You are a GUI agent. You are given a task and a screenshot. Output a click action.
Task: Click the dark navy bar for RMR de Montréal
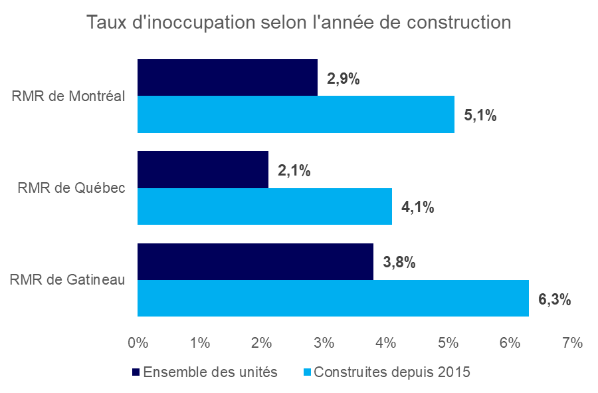pos(227,77)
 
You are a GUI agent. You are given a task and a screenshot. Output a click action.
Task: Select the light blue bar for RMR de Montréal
pos(296,114)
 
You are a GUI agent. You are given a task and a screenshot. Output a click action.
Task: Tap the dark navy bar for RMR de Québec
pos(203,169)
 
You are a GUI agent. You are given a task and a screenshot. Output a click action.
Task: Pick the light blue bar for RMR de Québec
pos(264,206)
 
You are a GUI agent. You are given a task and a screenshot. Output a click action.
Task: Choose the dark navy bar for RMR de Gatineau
pos(255,261)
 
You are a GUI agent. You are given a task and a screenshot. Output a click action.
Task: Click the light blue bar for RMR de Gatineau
pos(333,298)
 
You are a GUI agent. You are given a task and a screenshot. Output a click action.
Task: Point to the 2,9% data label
pos(344,79)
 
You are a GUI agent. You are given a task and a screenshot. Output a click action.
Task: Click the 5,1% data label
pos(480,116)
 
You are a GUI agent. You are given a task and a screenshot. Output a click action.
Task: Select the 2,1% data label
pos(294,171)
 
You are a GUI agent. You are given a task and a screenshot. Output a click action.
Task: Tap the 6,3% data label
pos(555,299)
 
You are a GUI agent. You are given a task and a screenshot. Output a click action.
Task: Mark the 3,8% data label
pos(399,263)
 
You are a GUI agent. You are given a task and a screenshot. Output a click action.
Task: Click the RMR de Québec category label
pos(71,188)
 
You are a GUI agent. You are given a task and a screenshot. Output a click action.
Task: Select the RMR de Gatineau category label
pos(68,279)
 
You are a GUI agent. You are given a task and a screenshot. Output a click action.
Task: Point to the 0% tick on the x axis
pos(138,343)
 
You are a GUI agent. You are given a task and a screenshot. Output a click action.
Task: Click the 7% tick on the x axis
pos(572,343)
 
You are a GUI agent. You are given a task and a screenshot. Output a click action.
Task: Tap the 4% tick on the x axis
pos(386,343)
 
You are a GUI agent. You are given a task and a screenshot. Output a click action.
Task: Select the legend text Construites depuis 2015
pos(391,372)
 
